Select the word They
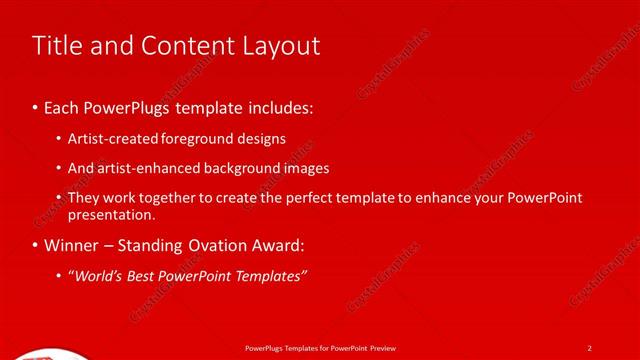click(84, 198)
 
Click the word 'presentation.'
click(111, 214)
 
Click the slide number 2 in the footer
click(589, 348)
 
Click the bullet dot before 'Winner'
click(35, 245)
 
